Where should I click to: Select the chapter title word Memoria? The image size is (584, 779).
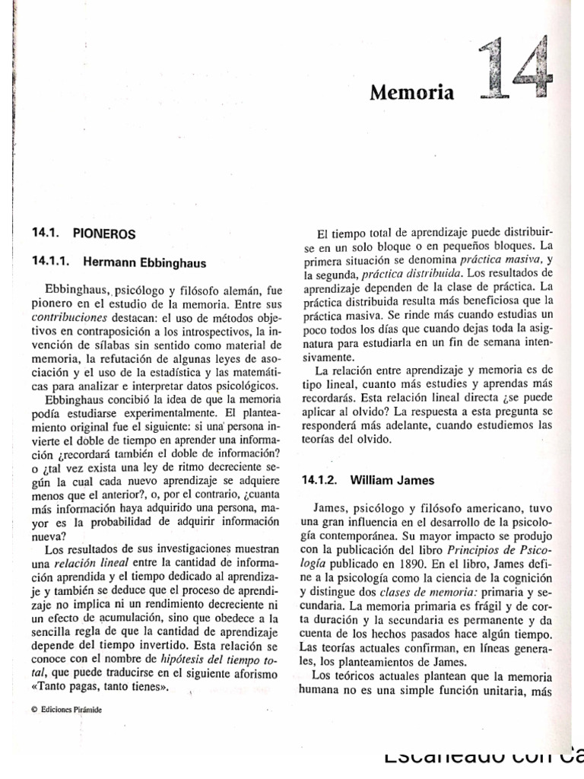[411, 94]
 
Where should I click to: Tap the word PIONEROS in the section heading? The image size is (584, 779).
[105, 234]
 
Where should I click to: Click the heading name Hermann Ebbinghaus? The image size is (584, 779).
[144, 262]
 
